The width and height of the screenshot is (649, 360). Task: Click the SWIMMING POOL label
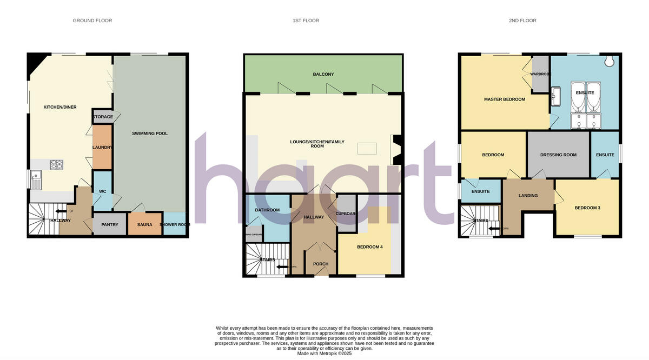click(150, 133)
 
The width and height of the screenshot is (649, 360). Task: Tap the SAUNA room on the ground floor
click(144, 224)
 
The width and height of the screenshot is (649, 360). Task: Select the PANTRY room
click(110, 224)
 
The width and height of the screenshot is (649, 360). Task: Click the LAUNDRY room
click(102, 147)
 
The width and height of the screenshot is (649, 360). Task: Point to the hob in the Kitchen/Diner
click(57, 164)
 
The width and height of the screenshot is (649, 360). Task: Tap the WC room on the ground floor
click(102, 191)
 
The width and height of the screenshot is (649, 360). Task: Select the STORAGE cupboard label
click(103, 117)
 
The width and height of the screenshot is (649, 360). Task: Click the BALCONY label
click(323, 74)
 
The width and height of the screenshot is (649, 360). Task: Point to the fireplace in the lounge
click(395, 149)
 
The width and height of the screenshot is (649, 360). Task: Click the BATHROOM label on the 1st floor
click(267, 210)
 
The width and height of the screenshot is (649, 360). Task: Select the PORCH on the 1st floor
click(321, 264)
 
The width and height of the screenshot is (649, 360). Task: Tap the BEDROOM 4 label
click(370, 247)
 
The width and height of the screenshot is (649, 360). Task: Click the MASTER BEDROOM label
click(504, 99)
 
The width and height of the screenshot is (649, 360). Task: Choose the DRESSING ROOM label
click(558, 155)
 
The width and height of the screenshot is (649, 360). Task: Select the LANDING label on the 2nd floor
click(528, 196)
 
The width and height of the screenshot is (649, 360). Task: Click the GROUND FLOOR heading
click(92, 21)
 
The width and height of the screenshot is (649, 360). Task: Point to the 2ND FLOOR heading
click(522, 21)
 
